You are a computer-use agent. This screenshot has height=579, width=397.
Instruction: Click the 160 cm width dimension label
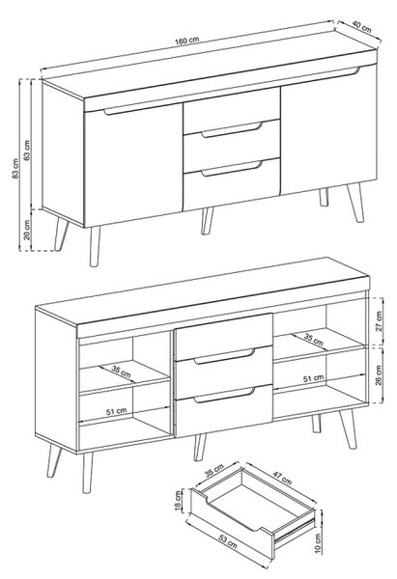point(187,41)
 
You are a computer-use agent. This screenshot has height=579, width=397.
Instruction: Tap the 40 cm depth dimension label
point(361,27)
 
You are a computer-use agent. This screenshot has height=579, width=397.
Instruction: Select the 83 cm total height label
point(15,169)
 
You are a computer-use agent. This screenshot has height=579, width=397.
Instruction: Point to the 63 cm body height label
point(27,150)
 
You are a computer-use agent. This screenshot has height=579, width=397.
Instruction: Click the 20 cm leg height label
point(27,230)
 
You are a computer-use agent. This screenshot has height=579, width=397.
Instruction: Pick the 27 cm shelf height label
point(379,321)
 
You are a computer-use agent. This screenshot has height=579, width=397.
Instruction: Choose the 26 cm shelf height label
point(379,375)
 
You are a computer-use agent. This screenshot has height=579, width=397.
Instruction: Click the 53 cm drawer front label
point(228,540)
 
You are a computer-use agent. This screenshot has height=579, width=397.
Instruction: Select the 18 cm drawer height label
point(179,501)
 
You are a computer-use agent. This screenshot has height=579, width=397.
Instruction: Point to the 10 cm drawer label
point(318,542)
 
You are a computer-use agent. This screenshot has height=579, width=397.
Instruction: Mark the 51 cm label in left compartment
point(117,411)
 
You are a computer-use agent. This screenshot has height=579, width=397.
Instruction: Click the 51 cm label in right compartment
point(313,378)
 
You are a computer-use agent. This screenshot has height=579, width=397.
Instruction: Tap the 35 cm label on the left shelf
point(122,372)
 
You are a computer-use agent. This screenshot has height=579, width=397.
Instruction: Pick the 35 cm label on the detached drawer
point(214,471)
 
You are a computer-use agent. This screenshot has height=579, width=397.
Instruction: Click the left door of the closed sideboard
point(134,164)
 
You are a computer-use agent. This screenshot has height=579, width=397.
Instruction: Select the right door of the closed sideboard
point(328,130)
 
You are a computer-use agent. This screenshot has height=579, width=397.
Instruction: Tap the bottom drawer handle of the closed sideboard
point(232,168)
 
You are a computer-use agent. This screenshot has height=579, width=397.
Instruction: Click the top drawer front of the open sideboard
point(224,337)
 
